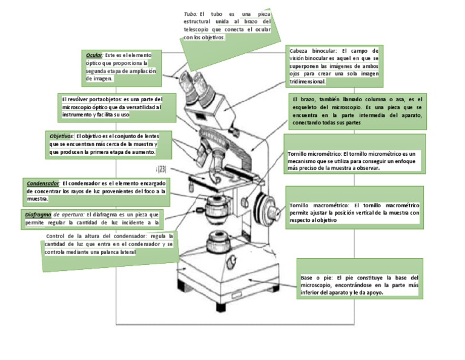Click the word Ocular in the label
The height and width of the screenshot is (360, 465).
pyautogui.click(x=94, y=55)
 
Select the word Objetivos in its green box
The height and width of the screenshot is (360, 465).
pyautogui.click(x=61, y=136)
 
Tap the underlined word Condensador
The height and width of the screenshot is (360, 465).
pyautogui.click(x=43, y=182)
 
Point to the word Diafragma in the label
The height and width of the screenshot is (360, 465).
pyautogui.click(x=38, y=215)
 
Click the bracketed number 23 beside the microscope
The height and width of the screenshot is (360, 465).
pyautogui.click(x=162, y=170)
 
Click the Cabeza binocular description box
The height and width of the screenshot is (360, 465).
pyautogui.click(x=334, y=66)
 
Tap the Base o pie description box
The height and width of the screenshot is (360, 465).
pyautogui.click(x=359, y=285)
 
